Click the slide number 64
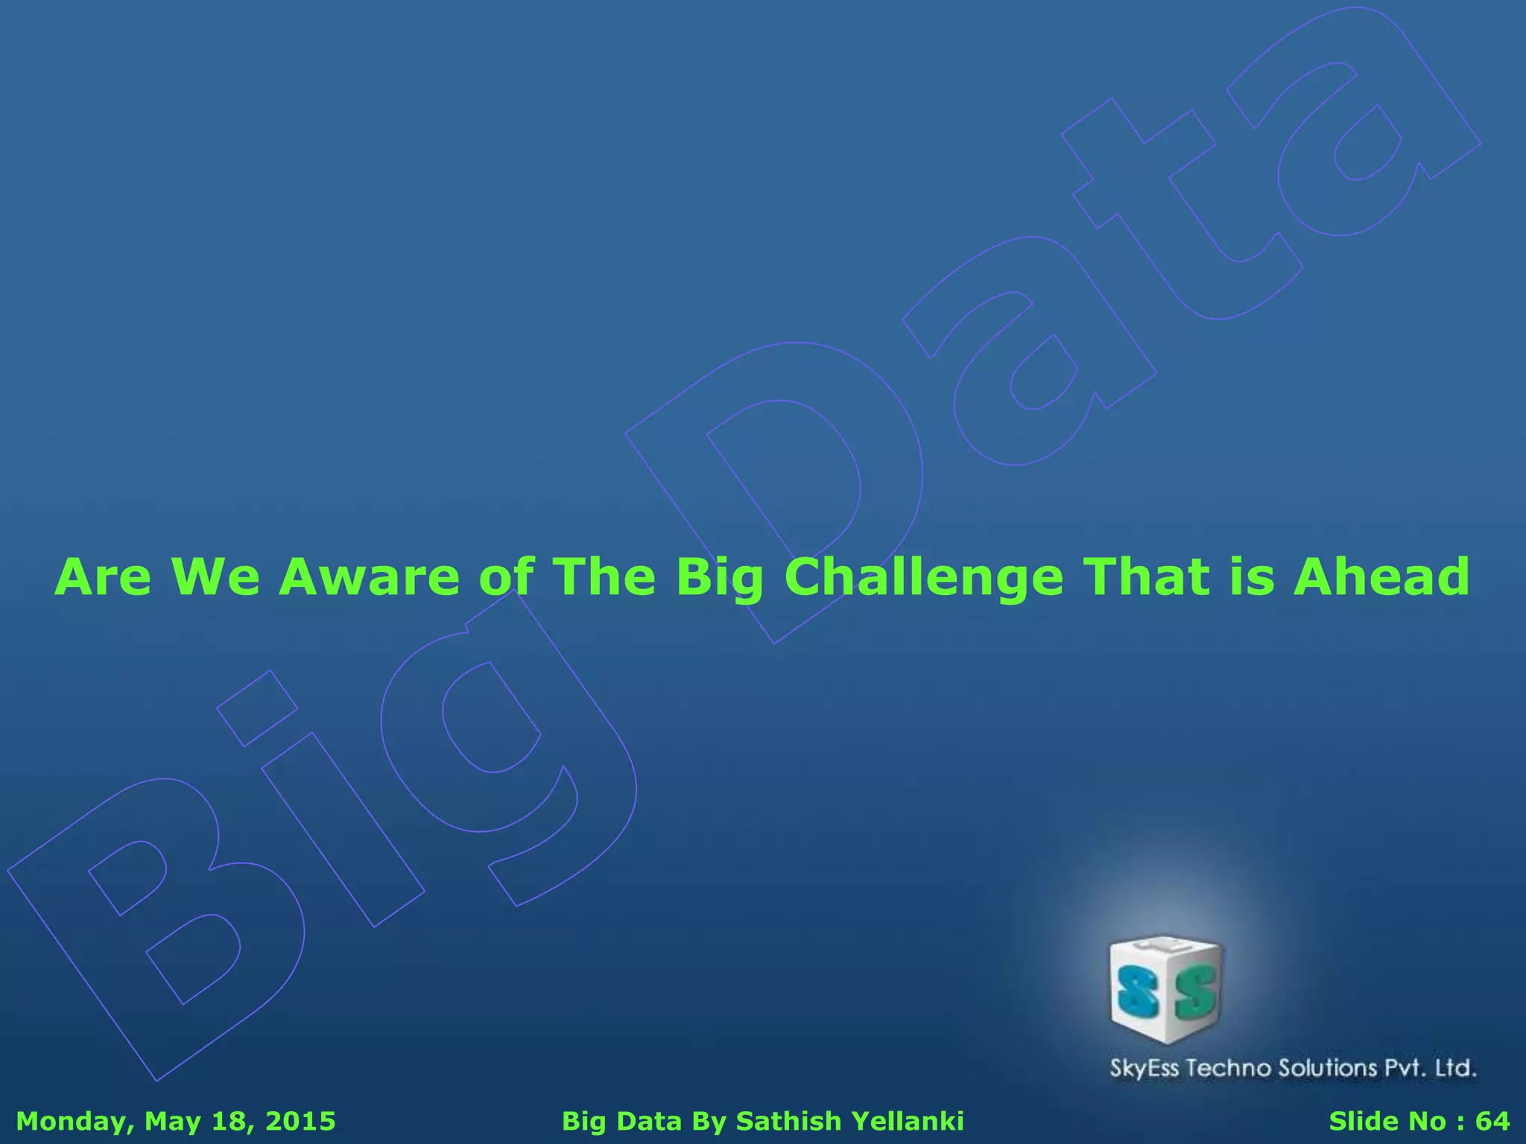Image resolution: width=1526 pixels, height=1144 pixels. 1492,1121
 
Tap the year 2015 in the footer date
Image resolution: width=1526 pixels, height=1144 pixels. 300,1121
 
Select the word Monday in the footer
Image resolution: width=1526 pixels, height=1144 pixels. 73,1122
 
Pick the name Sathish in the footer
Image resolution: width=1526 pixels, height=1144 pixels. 788,1121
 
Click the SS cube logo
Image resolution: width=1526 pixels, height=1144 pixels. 1166,989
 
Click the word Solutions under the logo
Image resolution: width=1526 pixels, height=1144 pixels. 1329,1068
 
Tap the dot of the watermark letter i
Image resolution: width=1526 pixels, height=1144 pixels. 257,708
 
